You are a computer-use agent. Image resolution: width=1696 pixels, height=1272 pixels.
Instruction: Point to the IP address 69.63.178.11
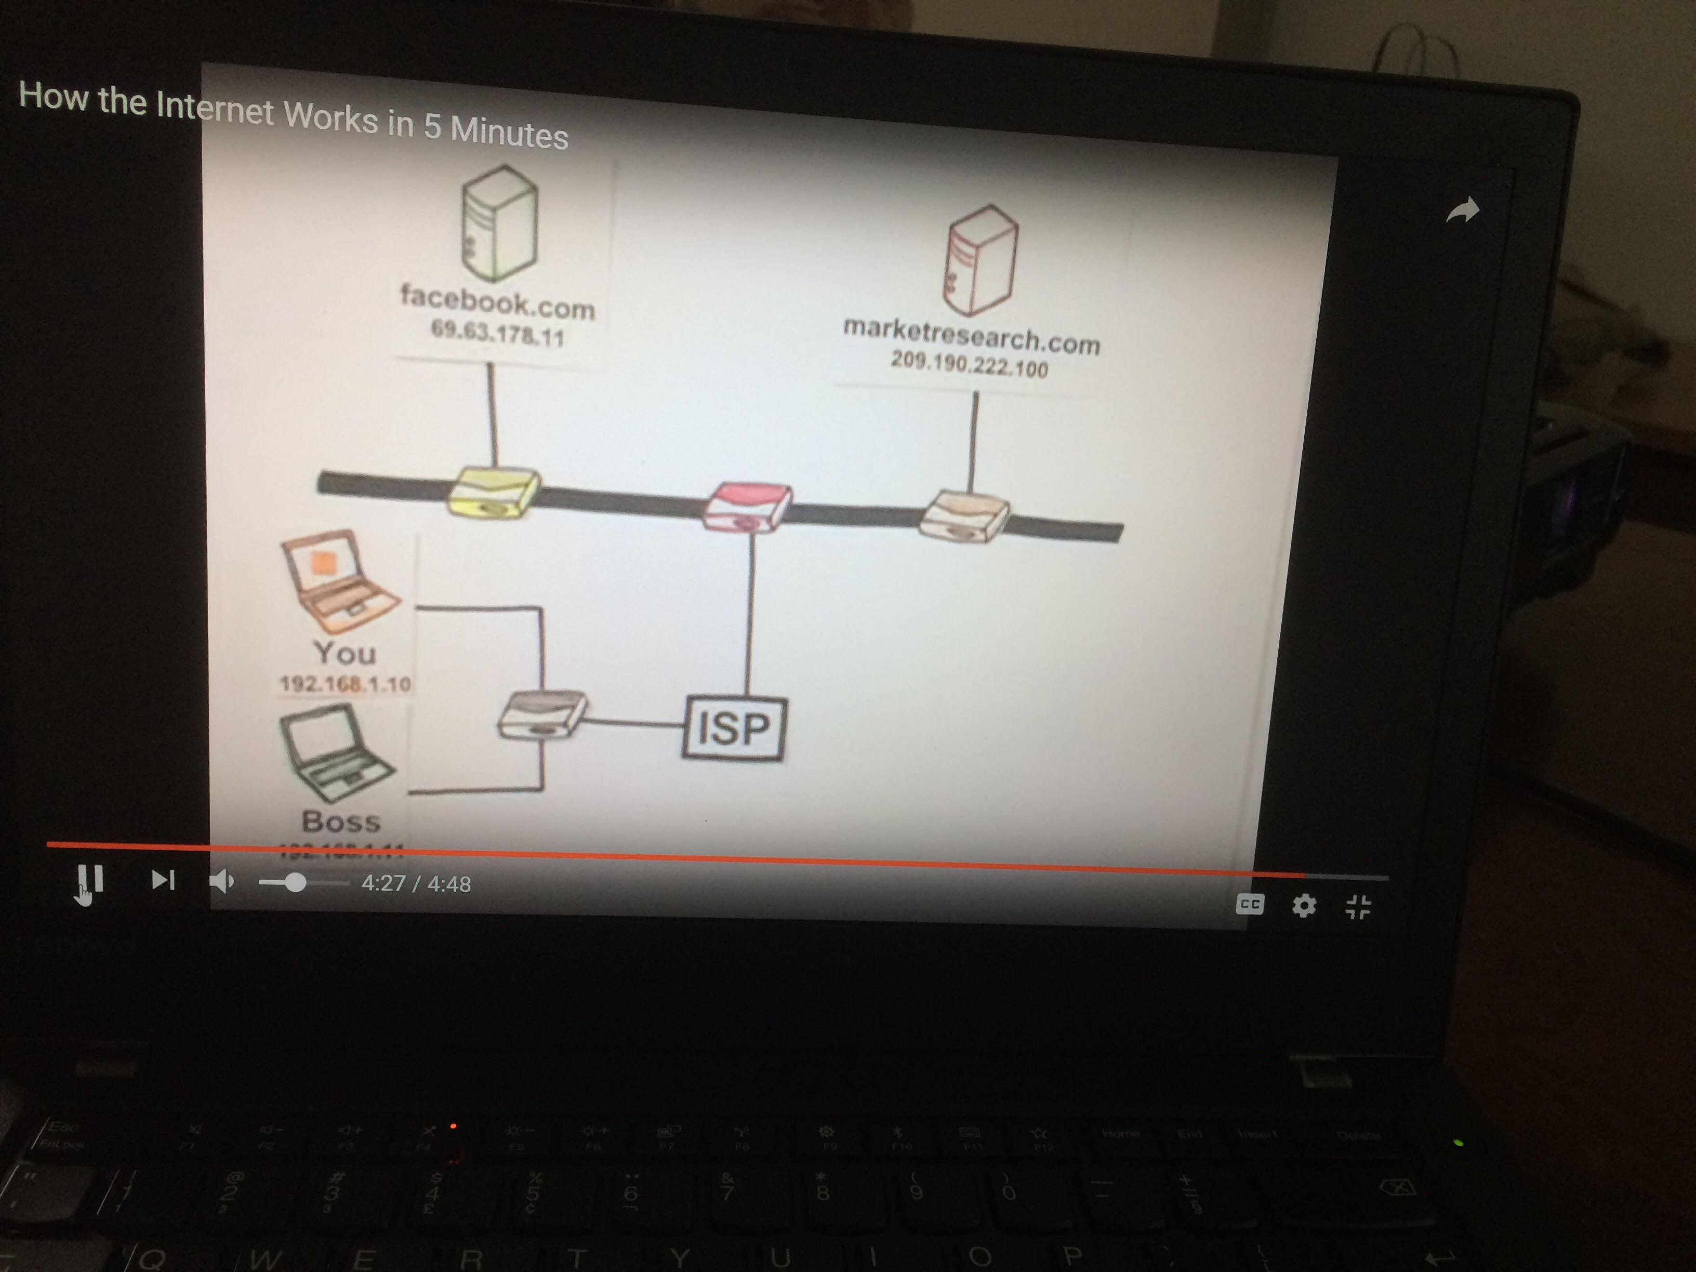click(x=498, y=334)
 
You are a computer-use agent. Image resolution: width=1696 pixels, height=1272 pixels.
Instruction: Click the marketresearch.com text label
click(x=972, y=336)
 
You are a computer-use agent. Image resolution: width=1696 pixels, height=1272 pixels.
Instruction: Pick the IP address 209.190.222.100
click(x=969, y=365)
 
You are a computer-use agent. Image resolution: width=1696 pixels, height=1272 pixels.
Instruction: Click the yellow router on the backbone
click(x=494, y=493)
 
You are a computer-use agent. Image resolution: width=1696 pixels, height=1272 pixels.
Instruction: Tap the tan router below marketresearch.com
click(x=964, y=518)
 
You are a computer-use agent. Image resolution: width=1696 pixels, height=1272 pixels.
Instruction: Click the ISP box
click(x=734, y=728)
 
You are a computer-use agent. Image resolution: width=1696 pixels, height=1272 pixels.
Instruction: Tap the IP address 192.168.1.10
click(x=345, y=683)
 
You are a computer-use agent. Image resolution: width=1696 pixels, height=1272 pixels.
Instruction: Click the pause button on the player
click(x=90, y=880)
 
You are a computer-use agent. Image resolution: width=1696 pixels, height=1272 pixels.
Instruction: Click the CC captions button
click(x=1250, y=905)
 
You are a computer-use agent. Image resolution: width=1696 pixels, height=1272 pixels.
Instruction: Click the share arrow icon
click(x=1462, y=210)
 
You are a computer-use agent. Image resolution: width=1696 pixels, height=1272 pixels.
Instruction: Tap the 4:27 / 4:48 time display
click(x=416, y=884)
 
